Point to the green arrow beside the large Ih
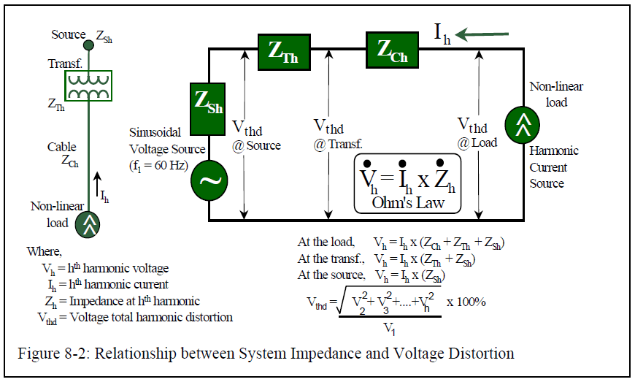pyautogui.click(x=482, y=34)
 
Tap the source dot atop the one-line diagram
pyautogui.click(x=88, y=45)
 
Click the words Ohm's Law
pyautogui.click(x=407, y=202)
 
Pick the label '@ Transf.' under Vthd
pyautogui.click(x=338, y=144)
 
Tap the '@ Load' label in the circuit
pyautogui.click(x=477, y=142)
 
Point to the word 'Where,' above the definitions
pyautogui.click(x=45, y=251)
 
